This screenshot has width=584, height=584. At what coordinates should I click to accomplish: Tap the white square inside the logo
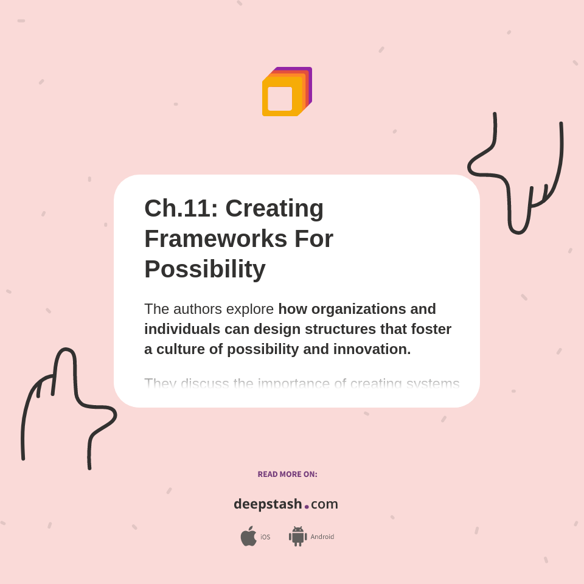click(280, 99)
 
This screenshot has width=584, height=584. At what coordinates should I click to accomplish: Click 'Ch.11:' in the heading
click(181, 208)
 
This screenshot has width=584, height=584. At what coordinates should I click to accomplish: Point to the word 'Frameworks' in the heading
click(215, 238)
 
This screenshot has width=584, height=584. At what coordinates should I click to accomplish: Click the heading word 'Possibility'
click(205, 269)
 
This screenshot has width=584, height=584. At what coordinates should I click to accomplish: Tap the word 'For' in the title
click(314, 238)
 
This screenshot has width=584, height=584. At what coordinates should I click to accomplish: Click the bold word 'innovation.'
click(372, 349)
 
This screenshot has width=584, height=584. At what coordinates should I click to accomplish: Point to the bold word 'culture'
click(179, 349)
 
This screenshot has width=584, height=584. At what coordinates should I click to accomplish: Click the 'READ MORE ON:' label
click(287, 474)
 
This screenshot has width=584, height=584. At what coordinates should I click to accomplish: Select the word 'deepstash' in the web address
click(268, 504)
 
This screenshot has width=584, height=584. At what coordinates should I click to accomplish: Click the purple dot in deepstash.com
click(307, 506)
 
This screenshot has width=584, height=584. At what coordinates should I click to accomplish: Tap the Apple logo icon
click(248, 537)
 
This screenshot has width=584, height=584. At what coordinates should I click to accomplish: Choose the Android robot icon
click(297, 537)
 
